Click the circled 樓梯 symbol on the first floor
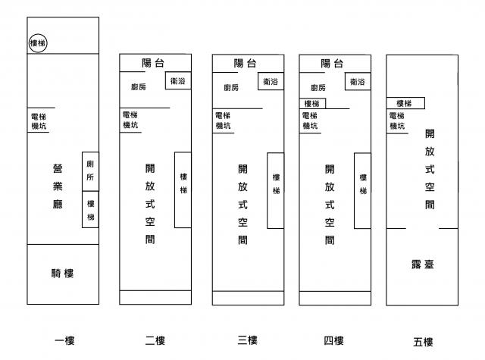(38, 43)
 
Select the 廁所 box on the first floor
(90, 170)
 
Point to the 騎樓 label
(62, 273)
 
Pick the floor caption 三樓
(248, 340)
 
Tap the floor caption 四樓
(333, 340)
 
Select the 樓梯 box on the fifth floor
(405, 103)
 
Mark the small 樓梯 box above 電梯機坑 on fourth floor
(314, 103)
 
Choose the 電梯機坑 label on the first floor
(39, 121)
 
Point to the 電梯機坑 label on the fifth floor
(397, 121)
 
